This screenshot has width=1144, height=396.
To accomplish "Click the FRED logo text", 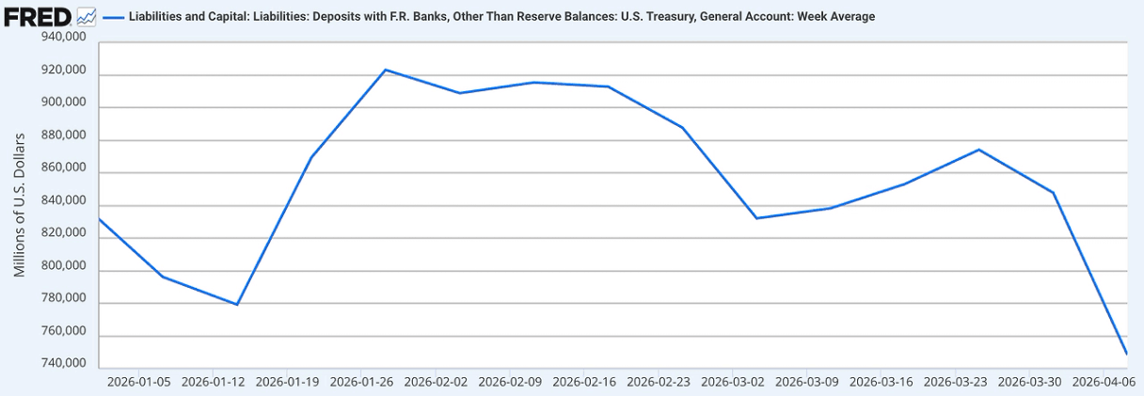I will coord(38,16).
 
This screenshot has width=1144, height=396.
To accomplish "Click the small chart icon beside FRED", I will coord(86,16).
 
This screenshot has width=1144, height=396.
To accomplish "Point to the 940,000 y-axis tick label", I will coord(63,38).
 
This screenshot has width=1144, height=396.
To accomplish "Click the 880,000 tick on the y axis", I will coord(63,136).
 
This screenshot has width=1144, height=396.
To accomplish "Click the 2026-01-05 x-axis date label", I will coord(139,383).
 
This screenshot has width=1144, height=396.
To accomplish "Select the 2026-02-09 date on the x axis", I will coord(510,383).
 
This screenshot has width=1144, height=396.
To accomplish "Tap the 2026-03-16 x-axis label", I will coord(882,383).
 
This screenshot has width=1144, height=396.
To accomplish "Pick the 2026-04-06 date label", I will coord(1104,383).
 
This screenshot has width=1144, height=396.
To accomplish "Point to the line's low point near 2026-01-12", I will coord(237,305).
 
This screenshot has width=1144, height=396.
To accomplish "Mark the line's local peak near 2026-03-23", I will coord(979,150).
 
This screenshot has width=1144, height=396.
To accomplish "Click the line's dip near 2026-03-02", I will coord(757,218).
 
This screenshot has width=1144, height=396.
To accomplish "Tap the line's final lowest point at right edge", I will coord(1127,354).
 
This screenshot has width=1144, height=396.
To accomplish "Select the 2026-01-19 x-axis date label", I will coord(288,383).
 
